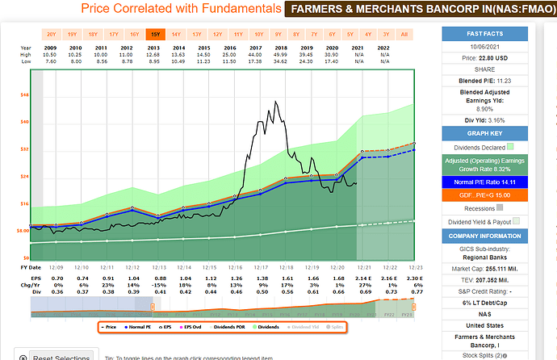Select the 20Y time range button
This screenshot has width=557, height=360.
point(51,35)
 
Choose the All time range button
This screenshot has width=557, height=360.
point(404,35)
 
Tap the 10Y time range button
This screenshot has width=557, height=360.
point(258,35)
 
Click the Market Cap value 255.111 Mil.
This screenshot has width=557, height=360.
point(503,268)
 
